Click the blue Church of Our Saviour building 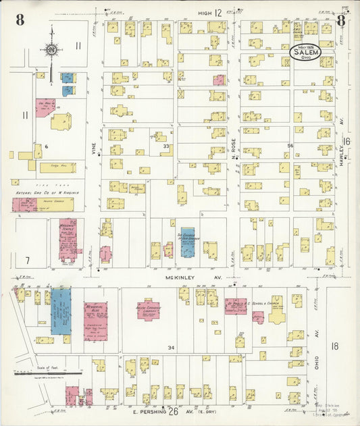pyautogui.click(x=187, y=242)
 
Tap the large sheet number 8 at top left pyautogui.click(x=20, y=19)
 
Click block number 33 pyautogui.click(x=165, y=146)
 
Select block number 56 pyautogui.click(x=290, y=146)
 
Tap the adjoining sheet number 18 pyautogui.click(x=335, y=346)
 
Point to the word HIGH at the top pyautogui.click(x=205, y=13)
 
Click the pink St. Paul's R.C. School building pyautogui.click(x=236, y=306)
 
